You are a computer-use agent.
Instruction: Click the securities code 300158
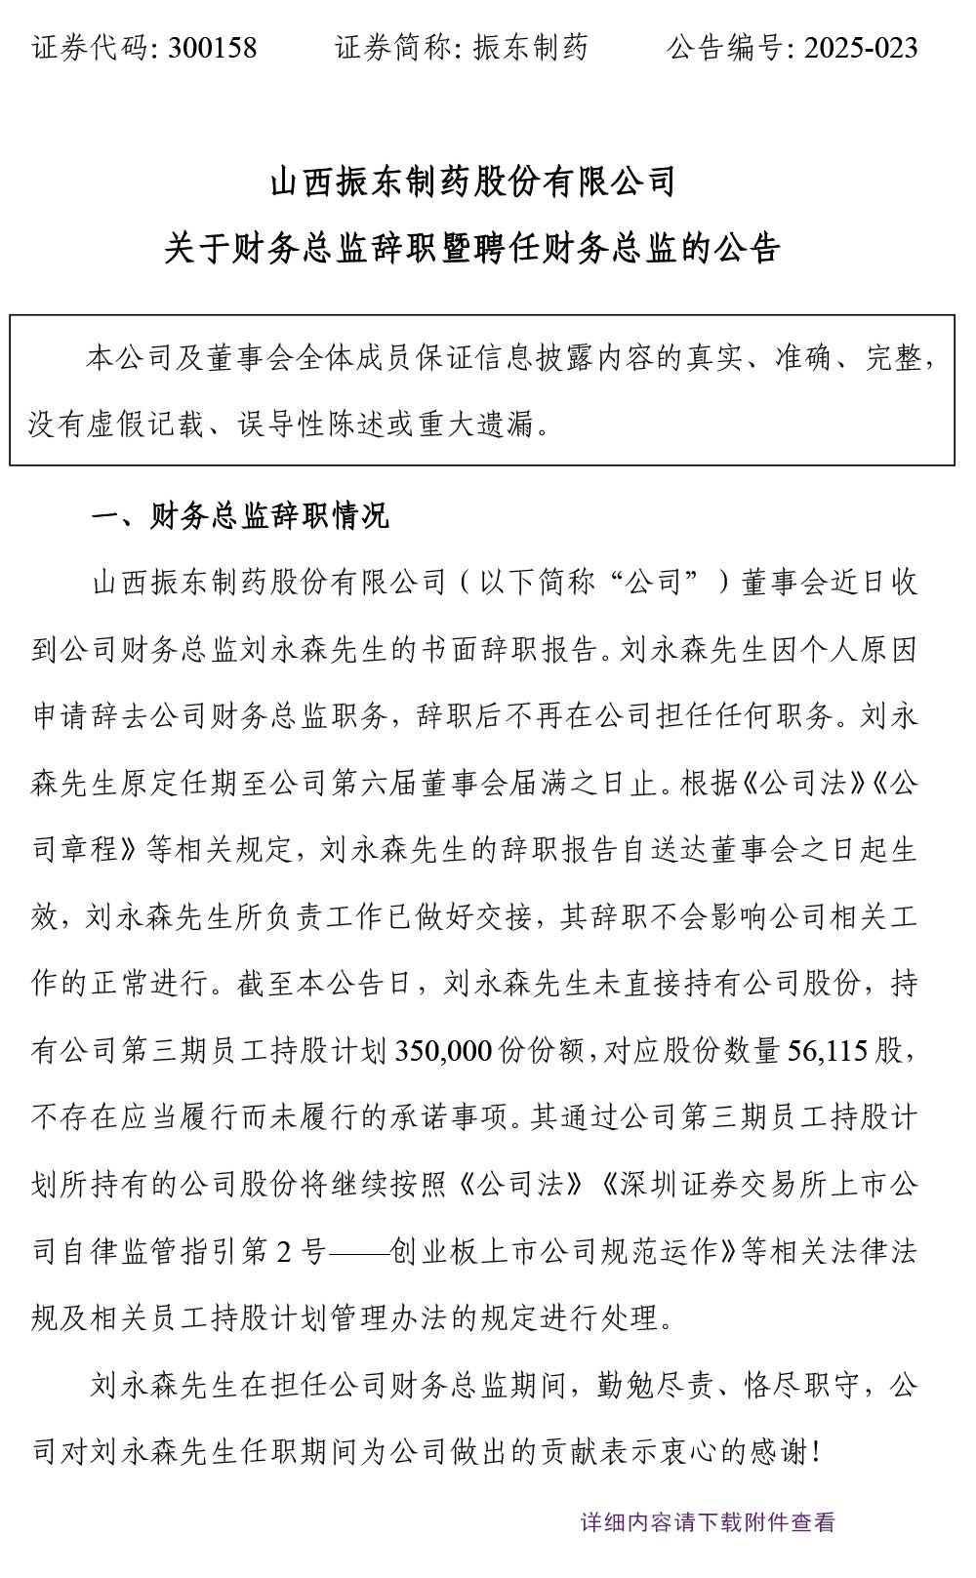coord(213,48)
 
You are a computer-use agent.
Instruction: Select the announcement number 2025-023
coord(860,48)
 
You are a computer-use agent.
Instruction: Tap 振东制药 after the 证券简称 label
coord(531,48)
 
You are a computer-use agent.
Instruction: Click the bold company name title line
coord(473,182)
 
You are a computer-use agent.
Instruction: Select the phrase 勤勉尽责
coord(655,1386)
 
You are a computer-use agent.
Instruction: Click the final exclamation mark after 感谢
coord(817,1452)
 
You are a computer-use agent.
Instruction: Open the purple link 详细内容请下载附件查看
coord(708,1522)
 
